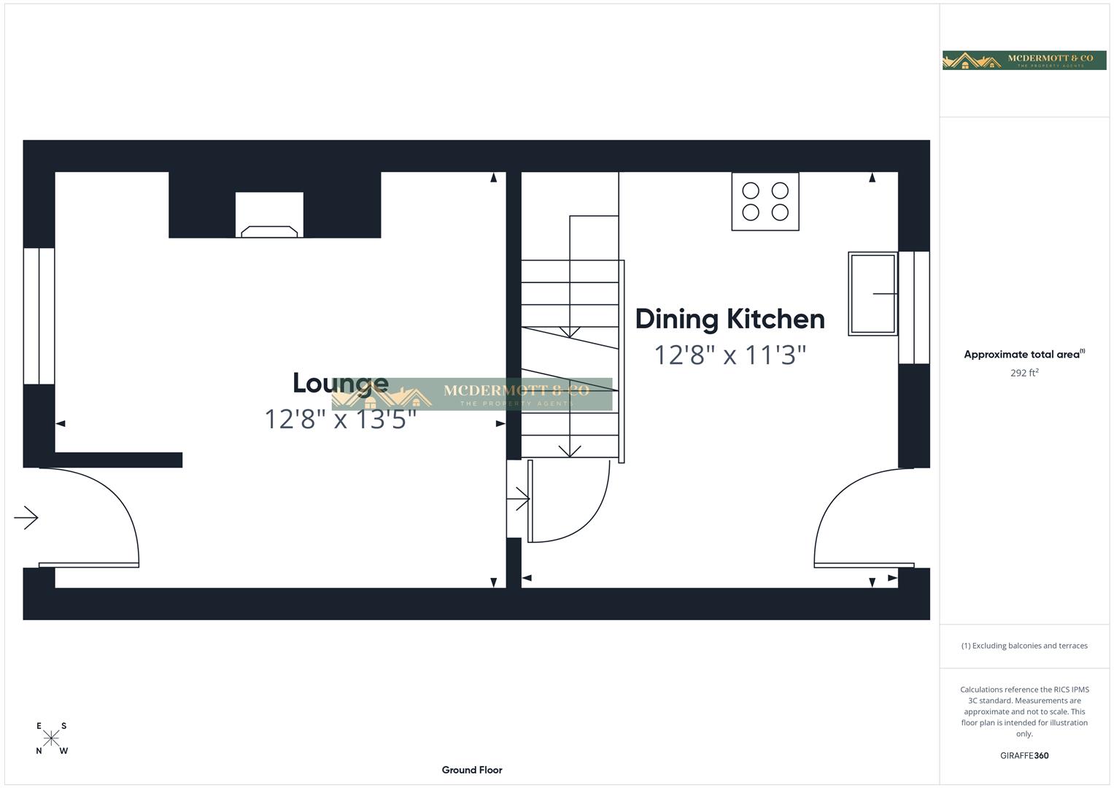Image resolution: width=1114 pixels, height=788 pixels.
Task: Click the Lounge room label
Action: pos(340,383)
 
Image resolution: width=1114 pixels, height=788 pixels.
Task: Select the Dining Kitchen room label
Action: pos(730,319)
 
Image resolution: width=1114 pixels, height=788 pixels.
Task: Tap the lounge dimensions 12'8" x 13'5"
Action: pos(340,420)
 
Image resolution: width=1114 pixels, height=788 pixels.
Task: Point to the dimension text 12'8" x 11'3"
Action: pos(730,355)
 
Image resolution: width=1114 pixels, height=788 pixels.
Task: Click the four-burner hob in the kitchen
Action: pos(765,201)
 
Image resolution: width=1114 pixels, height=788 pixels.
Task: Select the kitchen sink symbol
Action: pos(872,293)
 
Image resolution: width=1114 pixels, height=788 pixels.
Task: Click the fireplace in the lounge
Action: pos(269,216)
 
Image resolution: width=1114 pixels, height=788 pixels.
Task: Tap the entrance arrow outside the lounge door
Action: pos(26,517)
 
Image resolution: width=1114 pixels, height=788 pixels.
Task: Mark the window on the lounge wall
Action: pos(39,315)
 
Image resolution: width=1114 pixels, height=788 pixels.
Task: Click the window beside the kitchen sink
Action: pos(913,307)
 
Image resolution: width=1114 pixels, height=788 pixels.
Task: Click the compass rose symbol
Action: pos(51,738)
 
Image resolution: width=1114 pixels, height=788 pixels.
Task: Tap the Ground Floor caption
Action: pos(472,770)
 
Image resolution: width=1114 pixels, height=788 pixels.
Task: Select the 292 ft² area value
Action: pos(1024,373)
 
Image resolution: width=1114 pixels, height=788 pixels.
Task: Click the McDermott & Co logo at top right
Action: pos(1024,60)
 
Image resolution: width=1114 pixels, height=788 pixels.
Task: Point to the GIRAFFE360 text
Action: pos(1024,756)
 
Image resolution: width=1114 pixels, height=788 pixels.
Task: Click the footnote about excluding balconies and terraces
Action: pos(1024,646)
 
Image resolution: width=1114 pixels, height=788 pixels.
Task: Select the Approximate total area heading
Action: pos(1022,355)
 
